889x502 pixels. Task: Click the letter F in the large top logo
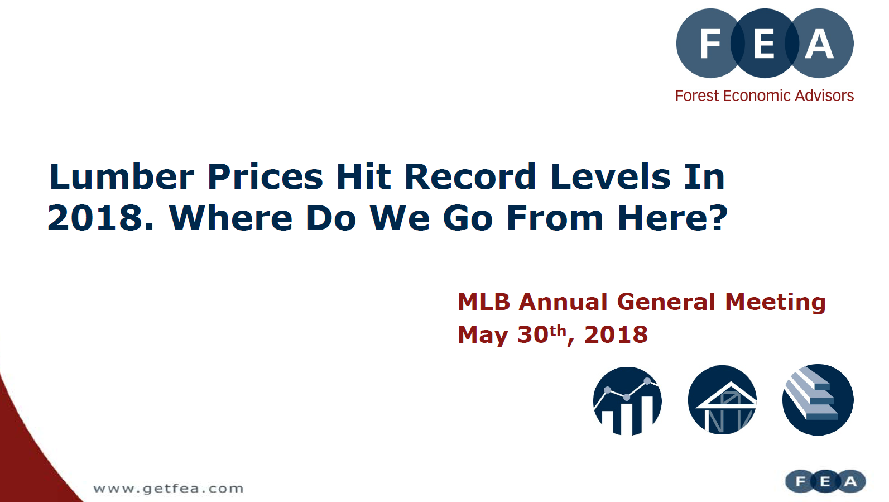710,44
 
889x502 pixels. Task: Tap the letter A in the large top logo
819,44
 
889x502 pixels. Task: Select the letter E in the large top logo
764,44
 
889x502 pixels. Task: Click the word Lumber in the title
122,176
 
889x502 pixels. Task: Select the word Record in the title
470,176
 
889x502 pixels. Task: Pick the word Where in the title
231,218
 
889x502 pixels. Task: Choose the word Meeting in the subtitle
776,303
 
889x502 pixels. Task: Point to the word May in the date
483,336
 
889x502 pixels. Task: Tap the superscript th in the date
558,331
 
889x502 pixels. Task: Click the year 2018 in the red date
616,334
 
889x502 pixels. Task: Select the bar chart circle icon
627,401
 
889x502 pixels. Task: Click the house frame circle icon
722,400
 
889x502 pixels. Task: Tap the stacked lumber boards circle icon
818,400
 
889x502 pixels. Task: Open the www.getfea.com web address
169,489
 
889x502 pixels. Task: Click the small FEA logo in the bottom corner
825,481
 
